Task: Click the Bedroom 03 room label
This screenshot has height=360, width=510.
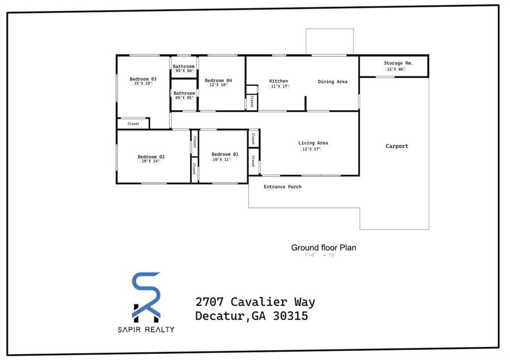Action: click(143, 79)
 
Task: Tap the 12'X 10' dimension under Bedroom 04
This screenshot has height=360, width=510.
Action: click(218, 85)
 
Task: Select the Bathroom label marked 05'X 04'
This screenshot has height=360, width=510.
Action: click(184, 66)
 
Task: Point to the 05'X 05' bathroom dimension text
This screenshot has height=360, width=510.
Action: click(184, 98)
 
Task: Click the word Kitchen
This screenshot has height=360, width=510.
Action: click(278, 81)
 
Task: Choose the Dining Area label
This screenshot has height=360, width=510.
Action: click(333, 82)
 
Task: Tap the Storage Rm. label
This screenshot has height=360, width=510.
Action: click(398, 63)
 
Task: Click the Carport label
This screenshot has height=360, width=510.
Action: click(397, 146)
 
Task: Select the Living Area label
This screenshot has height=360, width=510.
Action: click(313, 143)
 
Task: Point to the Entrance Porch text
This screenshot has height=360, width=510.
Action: click(282, 187)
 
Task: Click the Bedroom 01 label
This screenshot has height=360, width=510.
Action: click(225, 154)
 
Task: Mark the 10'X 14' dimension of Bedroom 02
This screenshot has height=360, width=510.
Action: click(150, 161)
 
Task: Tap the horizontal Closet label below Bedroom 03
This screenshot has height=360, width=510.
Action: click(133, 123)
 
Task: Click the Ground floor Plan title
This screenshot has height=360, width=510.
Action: click(323, 247)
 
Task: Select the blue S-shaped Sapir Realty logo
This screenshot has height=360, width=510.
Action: click(146, 297)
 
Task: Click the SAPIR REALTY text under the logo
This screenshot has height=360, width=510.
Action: click(146, 329)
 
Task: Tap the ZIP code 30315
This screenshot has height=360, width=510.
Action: click(290, 316)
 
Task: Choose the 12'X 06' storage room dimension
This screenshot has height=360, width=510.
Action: click(396, 69)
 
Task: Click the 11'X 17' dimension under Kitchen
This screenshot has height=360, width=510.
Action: click(279, 87)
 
